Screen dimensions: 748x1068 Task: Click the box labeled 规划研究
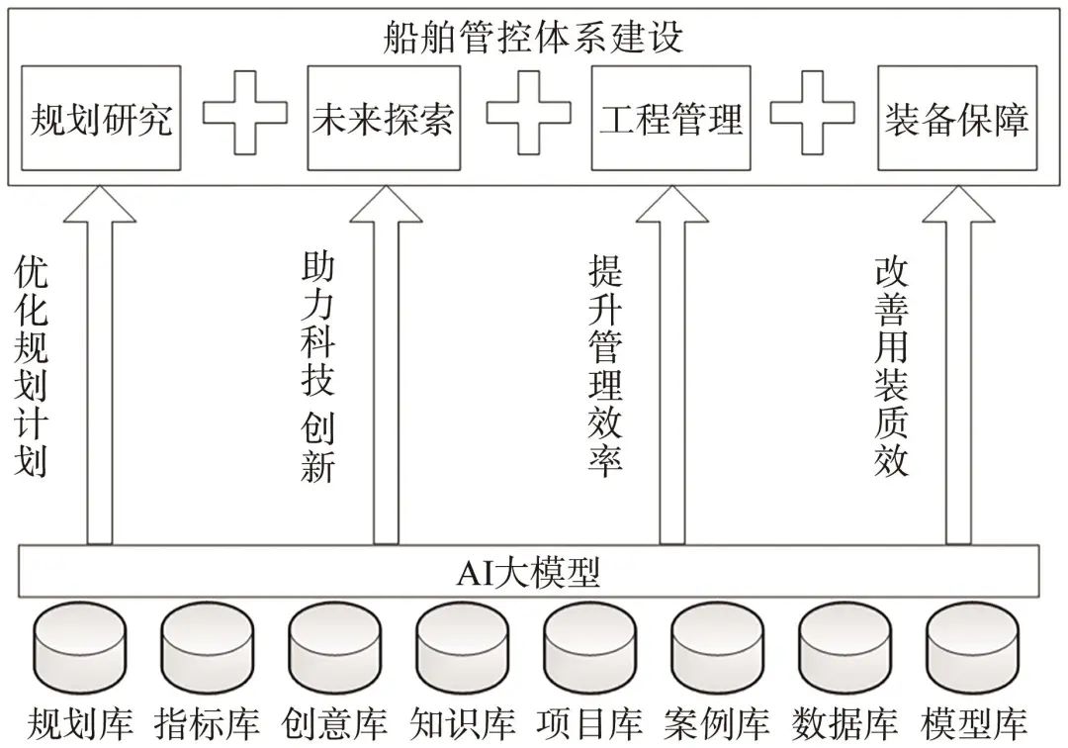tap(102, 119)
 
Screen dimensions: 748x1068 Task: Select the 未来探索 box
tap(383, 119)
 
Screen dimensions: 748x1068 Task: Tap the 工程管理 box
tap(670, 119)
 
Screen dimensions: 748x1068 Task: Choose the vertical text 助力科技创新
tap(317, 367)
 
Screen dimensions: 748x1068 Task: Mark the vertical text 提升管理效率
tap(604, 367)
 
